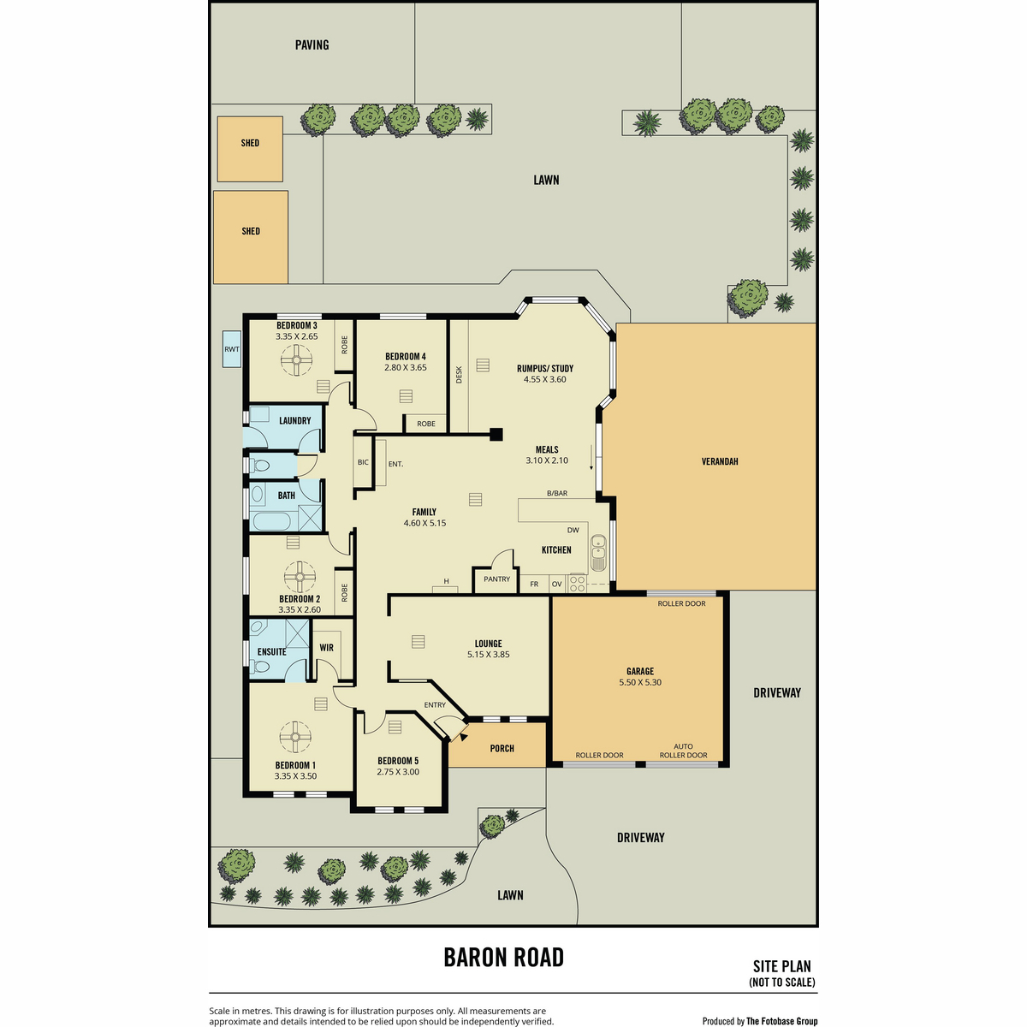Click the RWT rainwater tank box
232,349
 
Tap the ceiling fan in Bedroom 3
296,360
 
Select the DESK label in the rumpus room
459,375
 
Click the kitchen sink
598,552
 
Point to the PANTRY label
496,579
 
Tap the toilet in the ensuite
261,667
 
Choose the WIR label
326,648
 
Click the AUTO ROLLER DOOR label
683,751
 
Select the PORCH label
502,748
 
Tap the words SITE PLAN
782,966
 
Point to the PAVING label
312,45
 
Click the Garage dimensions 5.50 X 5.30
640,682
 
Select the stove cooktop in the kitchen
577,583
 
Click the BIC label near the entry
363,462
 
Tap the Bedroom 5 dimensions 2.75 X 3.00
398,772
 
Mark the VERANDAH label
720,461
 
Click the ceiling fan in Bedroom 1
294,737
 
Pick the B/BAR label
557,493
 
